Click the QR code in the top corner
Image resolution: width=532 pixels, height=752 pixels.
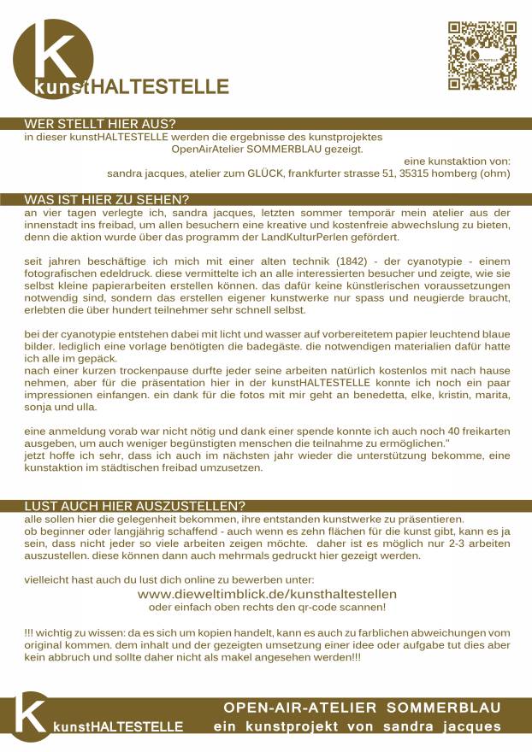click(482, 56)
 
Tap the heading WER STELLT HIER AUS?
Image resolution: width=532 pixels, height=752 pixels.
click(111, 124)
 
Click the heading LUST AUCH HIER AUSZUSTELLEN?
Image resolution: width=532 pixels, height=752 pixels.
click(135, 506)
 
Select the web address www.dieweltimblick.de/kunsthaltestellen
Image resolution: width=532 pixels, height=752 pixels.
click(267, 593)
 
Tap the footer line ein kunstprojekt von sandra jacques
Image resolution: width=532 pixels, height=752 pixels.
click(357, 727)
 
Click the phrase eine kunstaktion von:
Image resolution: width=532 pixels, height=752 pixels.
click(457, 161)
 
